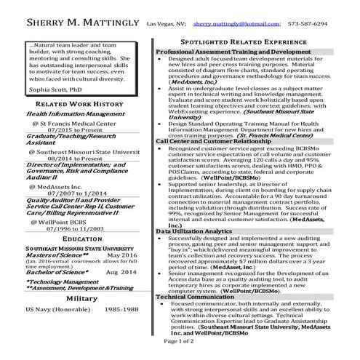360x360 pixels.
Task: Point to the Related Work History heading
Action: coord(81,104)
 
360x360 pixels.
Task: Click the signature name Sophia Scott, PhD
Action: coord(50,89)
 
